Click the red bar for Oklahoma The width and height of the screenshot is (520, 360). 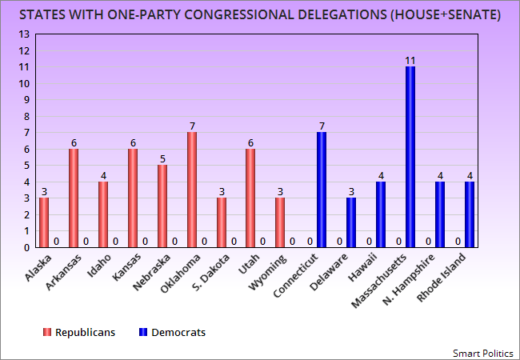192,190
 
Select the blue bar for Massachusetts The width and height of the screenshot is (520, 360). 410,157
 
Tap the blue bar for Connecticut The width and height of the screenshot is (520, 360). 322,190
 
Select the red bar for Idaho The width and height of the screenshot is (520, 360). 103,214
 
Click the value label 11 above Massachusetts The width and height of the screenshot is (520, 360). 410,60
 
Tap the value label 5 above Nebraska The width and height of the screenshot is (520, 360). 162,158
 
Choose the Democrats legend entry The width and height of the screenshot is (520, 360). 171,332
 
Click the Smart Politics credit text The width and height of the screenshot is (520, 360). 484,352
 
